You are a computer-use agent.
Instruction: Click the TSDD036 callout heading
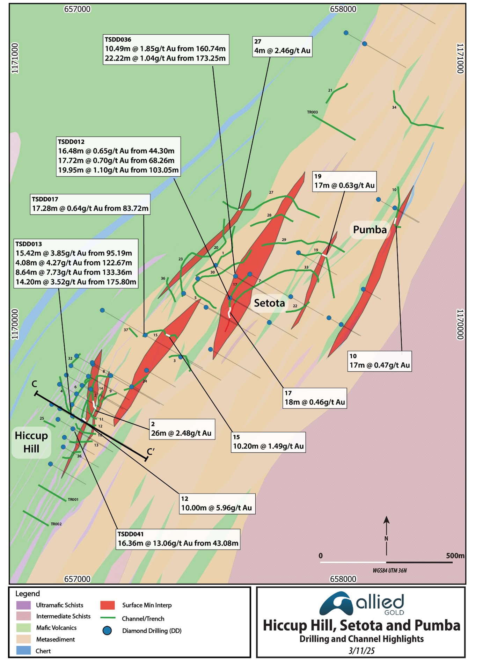point(118,39)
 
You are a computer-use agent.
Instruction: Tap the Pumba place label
point(370,230)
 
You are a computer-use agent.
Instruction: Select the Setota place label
point(269,303)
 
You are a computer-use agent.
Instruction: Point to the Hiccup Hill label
point(31,442)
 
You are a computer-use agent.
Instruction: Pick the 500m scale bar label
point(455,555)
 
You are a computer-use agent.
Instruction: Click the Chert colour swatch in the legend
point(23,651)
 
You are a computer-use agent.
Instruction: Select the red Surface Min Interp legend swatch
point(107,605)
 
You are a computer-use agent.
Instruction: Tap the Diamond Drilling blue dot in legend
point(107,631)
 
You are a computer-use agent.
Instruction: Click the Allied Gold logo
point(361,604)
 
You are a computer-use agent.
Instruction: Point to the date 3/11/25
point(361,651)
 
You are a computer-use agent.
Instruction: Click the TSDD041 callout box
point(178,539)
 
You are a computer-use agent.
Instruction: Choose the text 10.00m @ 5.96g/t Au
point(216,508)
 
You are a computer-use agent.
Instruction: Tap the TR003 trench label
point(312,112)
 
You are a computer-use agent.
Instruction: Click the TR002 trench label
point(56,524)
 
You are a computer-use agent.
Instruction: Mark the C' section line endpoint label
point(151,452)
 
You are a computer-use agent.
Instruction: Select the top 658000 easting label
point(343,9)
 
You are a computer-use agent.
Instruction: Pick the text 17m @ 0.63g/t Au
point(344,186)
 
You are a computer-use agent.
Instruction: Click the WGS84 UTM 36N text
point(389,571)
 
